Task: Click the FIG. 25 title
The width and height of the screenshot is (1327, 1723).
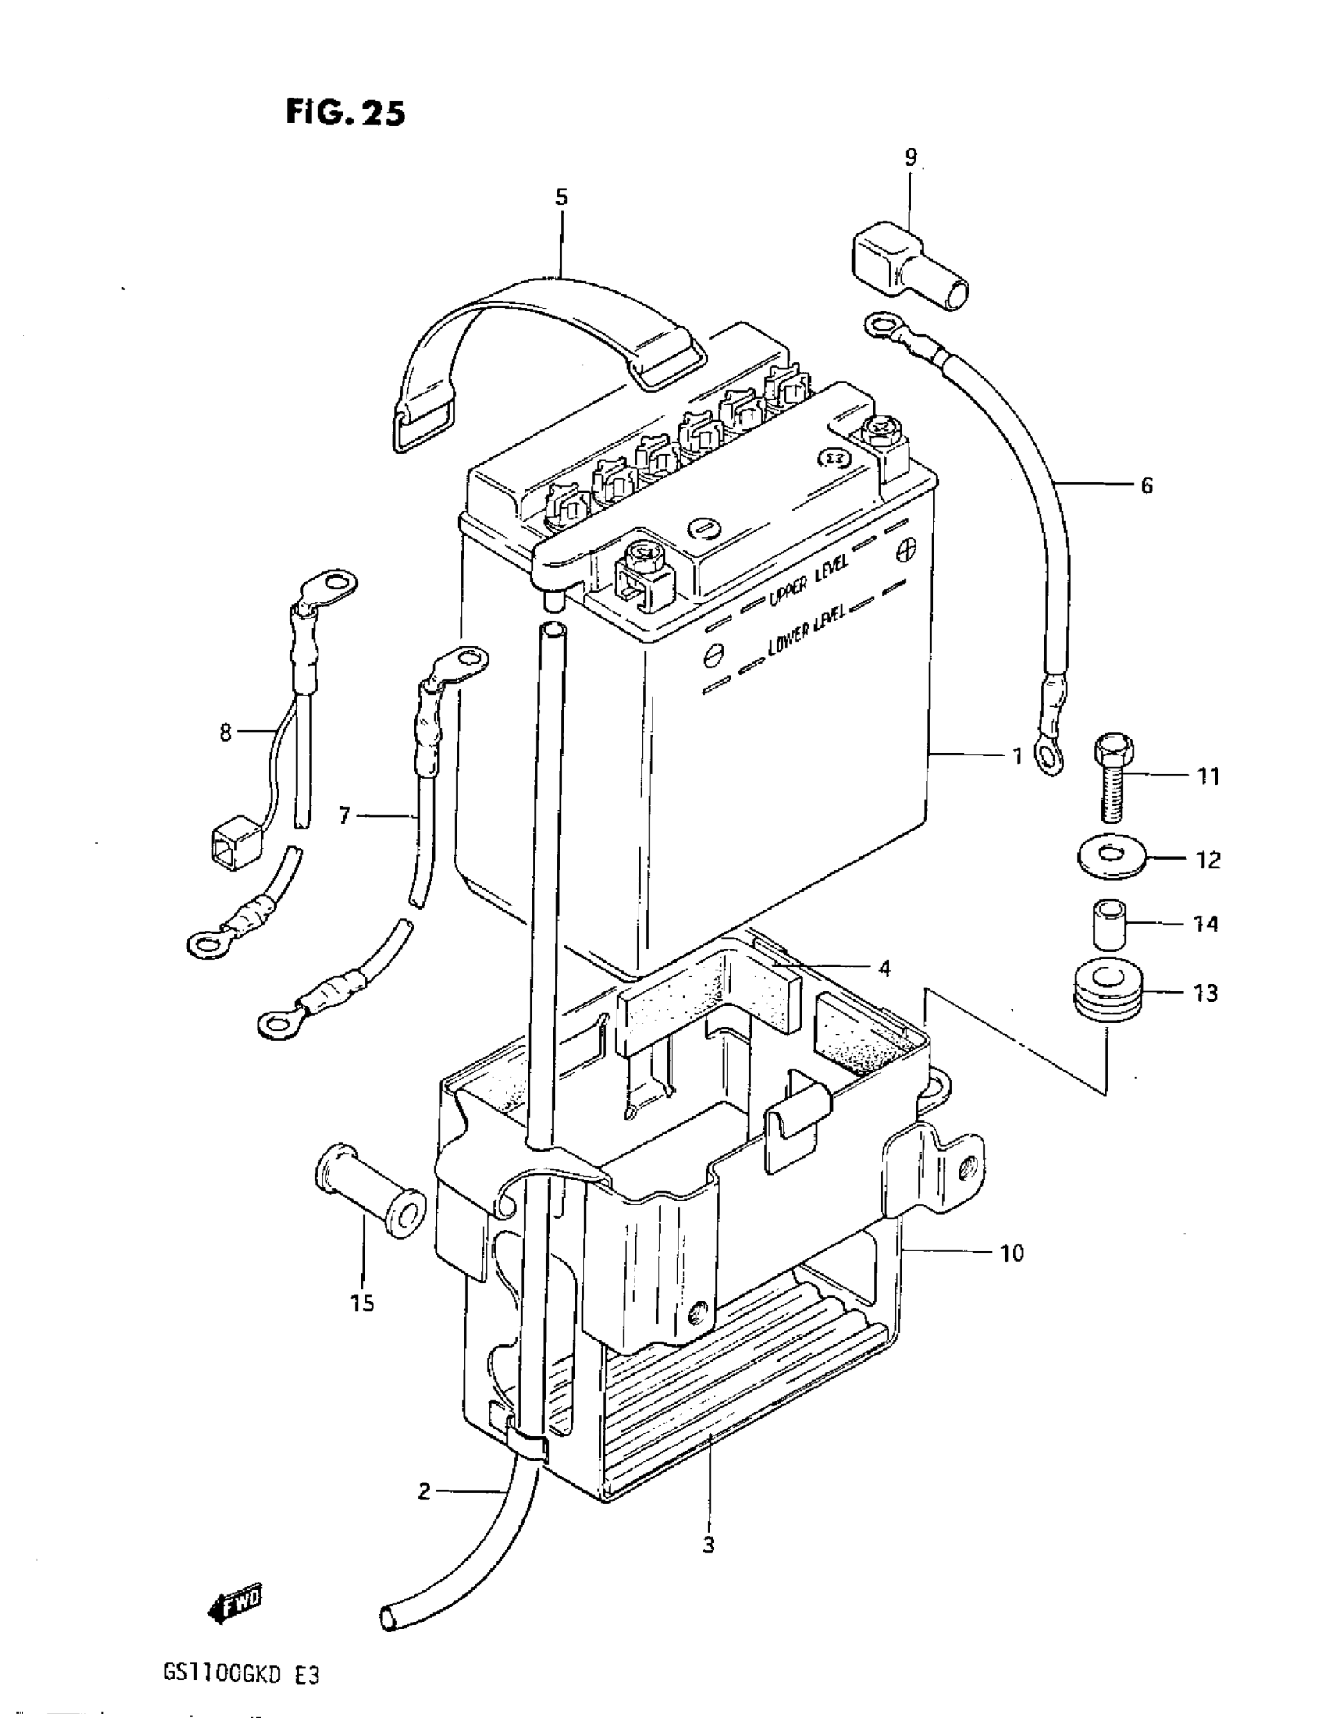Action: click(x=346, y=113)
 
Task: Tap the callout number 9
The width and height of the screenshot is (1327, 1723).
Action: click(x=911, y=157)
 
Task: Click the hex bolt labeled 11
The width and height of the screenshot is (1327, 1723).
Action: click(x=1114, y=776)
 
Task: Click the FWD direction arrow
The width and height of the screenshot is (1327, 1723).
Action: click(x=234, y=1603)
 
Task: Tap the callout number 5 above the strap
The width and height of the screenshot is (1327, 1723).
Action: click(x=561, y=198)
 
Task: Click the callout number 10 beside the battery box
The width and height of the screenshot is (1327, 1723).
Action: click(x=1012, y=1253)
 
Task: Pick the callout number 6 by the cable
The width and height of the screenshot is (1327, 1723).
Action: click(x=1147, y=485)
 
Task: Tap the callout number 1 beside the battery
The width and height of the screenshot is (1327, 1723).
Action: click(x=1018, y=756)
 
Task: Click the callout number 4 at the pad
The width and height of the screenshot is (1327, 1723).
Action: click(x=884, y=967)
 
